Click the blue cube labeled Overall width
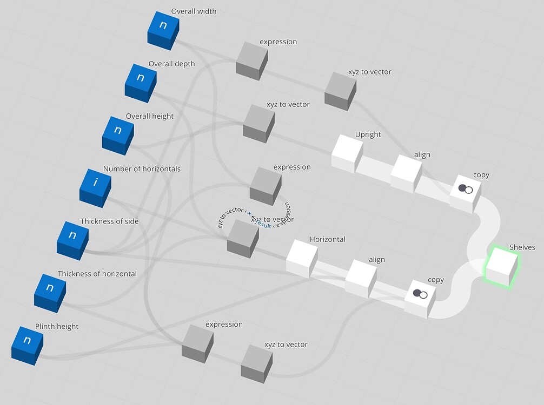163,29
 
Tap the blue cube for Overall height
117,133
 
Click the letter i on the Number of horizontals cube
96,182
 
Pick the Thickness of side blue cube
72,238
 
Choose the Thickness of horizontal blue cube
49,291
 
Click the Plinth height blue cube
26,343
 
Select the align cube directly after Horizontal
360,278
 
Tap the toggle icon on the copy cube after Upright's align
465,189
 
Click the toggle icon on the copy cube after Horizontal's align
420,294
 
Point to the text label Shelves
522,247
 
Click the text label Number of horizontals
142,168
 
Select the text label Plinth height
57,326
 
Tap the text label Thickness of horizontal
97,274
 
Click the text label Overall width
194,11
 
